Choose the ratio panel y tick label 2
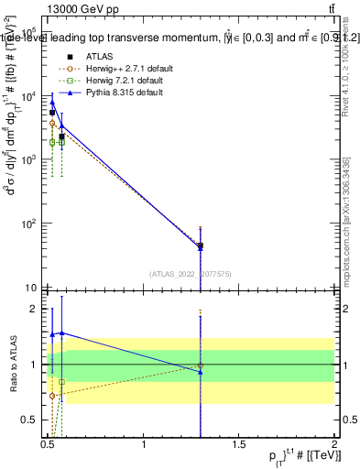pos(35,309)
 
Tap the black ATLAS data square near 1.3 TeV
pos(201,245)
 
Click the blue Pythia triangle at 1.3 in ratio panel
pos(201,371)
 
